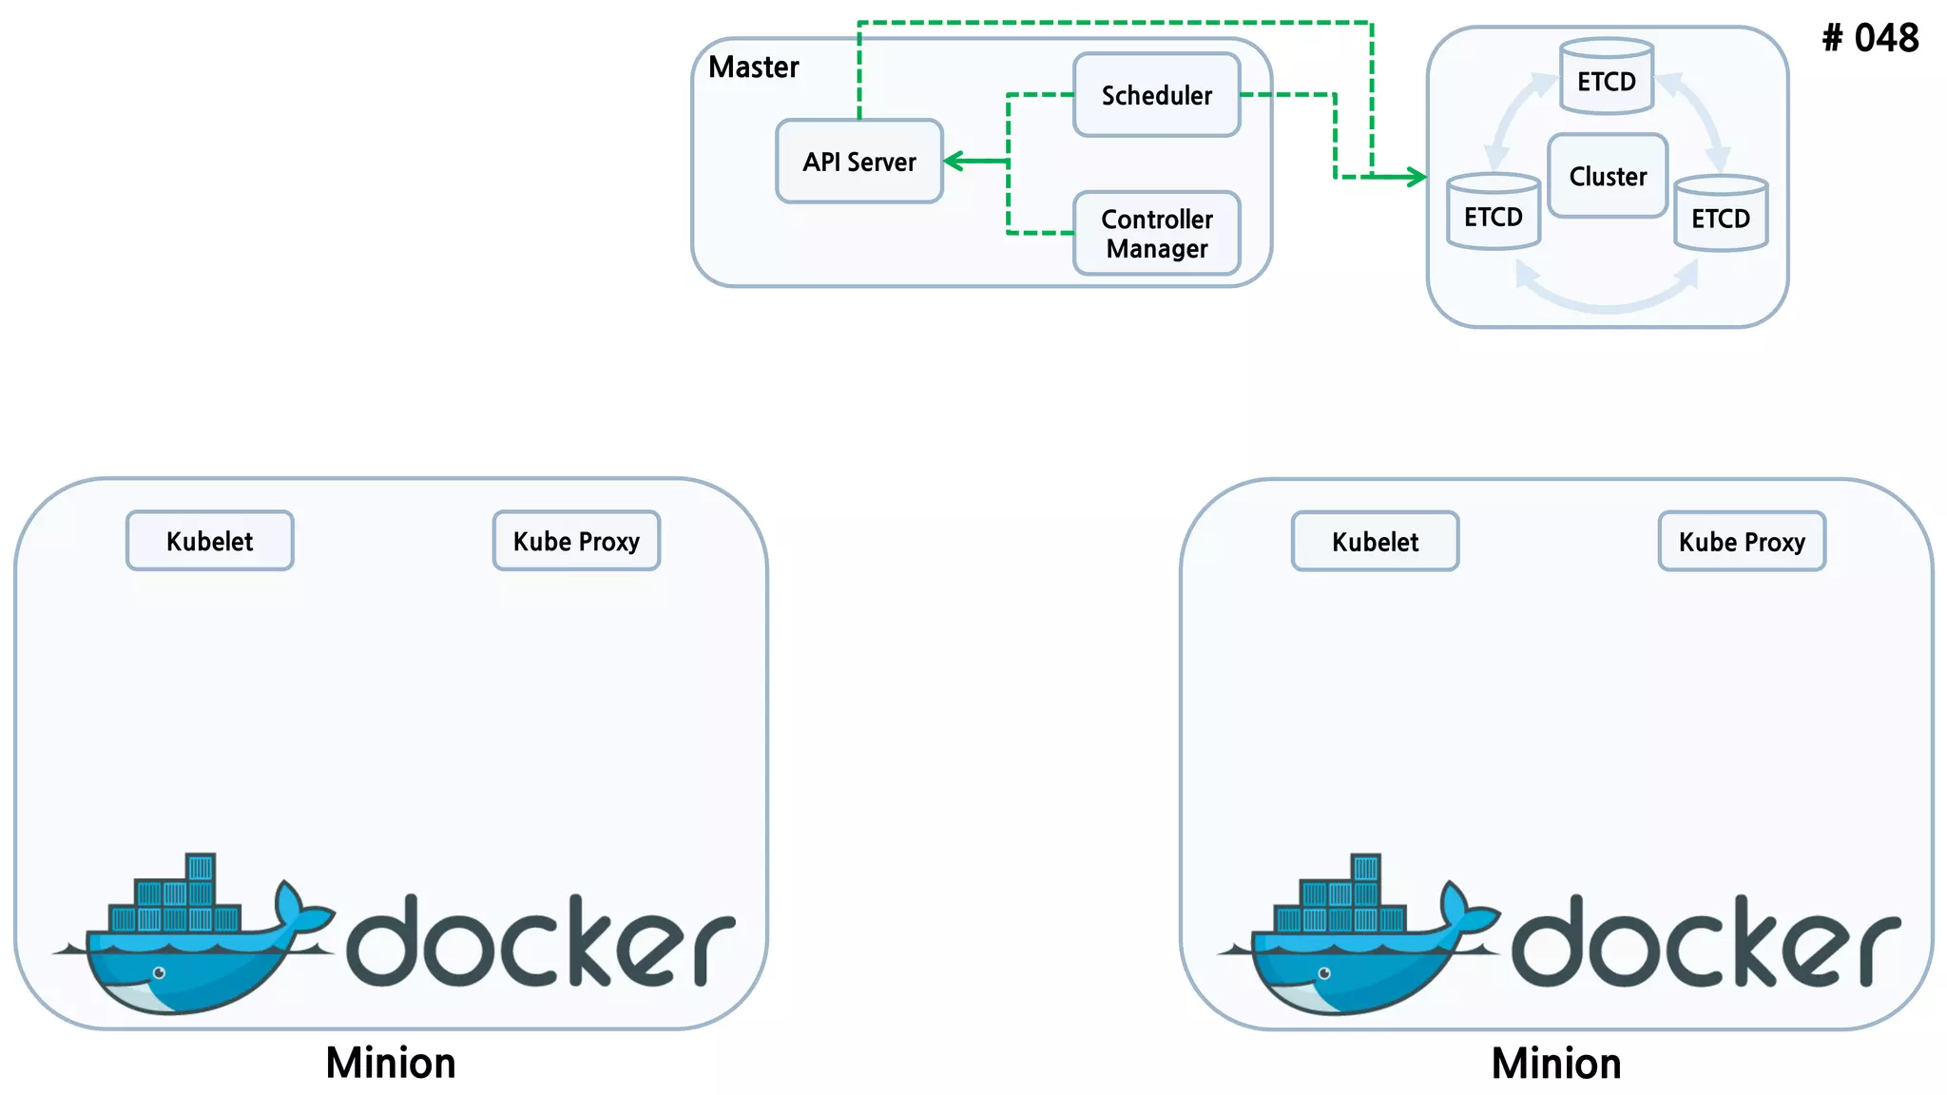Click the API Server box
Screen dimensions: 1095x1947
click(x=859, y=162)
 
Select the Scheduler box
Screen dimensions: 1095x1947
click(x=1156, y=95)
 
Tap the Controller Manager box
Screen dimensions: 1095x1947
click(x=1156, y=234)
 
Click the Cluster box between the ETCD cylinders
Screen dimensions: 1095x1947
click(x=1607, y=176)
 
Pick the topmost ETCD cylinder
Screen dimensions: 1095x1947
click(x=1607, y=78)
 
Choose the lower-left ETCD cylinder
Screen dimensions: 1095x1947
click(x=1493, y=213)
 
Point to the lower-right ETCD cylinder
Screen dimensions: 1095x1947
click(x=1721, y=215)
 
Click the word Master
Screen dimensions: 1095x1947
click(x=754, y=67)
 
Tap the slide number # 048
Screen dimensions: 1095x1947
click(x=1870, y=38)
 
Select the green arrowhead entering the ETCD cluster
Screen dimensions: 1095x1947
click(x=1417, y=177)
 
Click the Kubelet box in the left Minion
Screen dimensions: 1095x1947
click(x=210, y=541)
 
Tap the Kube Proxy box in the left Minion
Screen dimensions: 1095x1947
click(x=576, y=541)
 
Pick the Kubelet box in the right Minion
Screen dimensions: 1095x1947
click(x=1375, y=542)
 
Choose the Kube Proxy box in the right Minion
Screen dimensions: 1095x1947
click(x=1742, y=542)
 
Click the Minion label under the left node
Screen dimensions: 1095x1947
click(x=391, y=1063)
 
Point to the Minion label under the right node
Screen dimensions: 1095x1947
click(x=1556, y=1064)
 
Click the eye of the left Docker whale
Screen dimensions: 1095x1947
click(x=160, y=972)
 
